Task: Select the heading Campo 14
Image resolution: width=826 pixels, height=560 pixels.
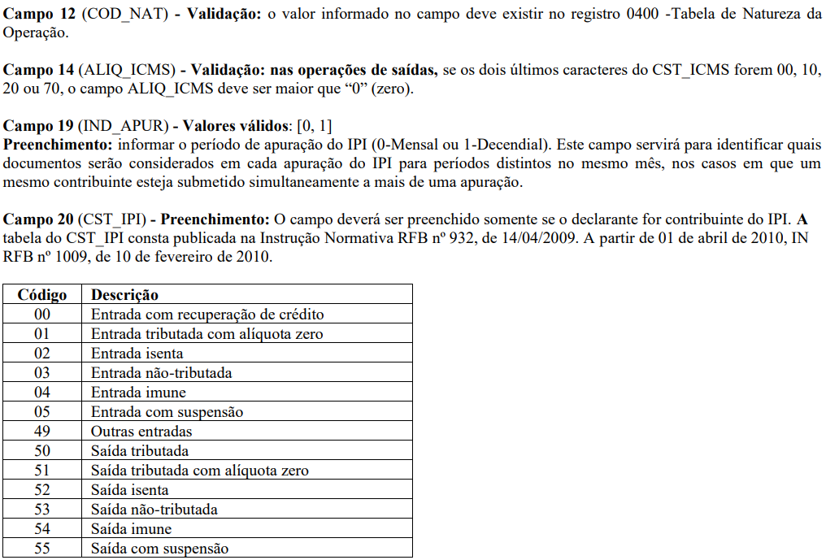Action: pyautogui.click(x=40, y=71)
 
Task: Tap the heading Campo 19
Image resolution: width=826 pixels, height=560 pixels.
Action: pyautogui.click(x=40, y=126)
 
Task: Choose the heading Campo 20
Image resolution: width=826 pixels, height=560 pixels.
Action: pyautogui.click(x=40, y=219)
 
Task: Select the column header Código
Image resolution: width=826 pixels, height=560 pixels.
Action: pyautogui.click(x=42, y=295)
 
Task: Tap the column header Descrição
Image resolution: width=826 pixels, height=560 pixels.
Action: pyautogui.click(x=124, y=295)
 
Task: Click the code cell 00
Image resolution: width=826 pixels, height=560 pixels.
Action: pyautogui.click(x=42, y=315)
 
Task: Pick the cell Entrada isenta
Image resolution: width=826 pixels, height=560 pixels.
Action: pyautogui.click(x=137, y=354)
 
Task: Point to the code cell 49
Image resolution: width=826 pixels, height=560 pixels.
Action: pyautogui.click(x=42, y=432)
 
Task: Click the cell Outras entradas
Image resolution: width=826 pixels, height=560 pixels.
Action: pyautogui.click(x=141, y=432)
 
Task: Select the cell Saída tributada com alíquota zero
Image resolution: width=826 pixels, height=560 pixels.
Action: pyautogui.click(x=199, y=471)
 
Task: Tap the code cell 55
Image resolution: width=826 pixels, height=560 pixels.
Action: pyautogui.click(x=42, y=549)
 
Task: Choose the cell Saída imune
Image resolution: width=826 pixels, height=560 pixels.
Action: pyautogui.click(x=131, y=529)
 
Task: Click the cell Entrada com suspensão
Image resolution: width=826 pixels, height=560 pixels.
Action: pyautogui.click(x=167, y=412)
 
